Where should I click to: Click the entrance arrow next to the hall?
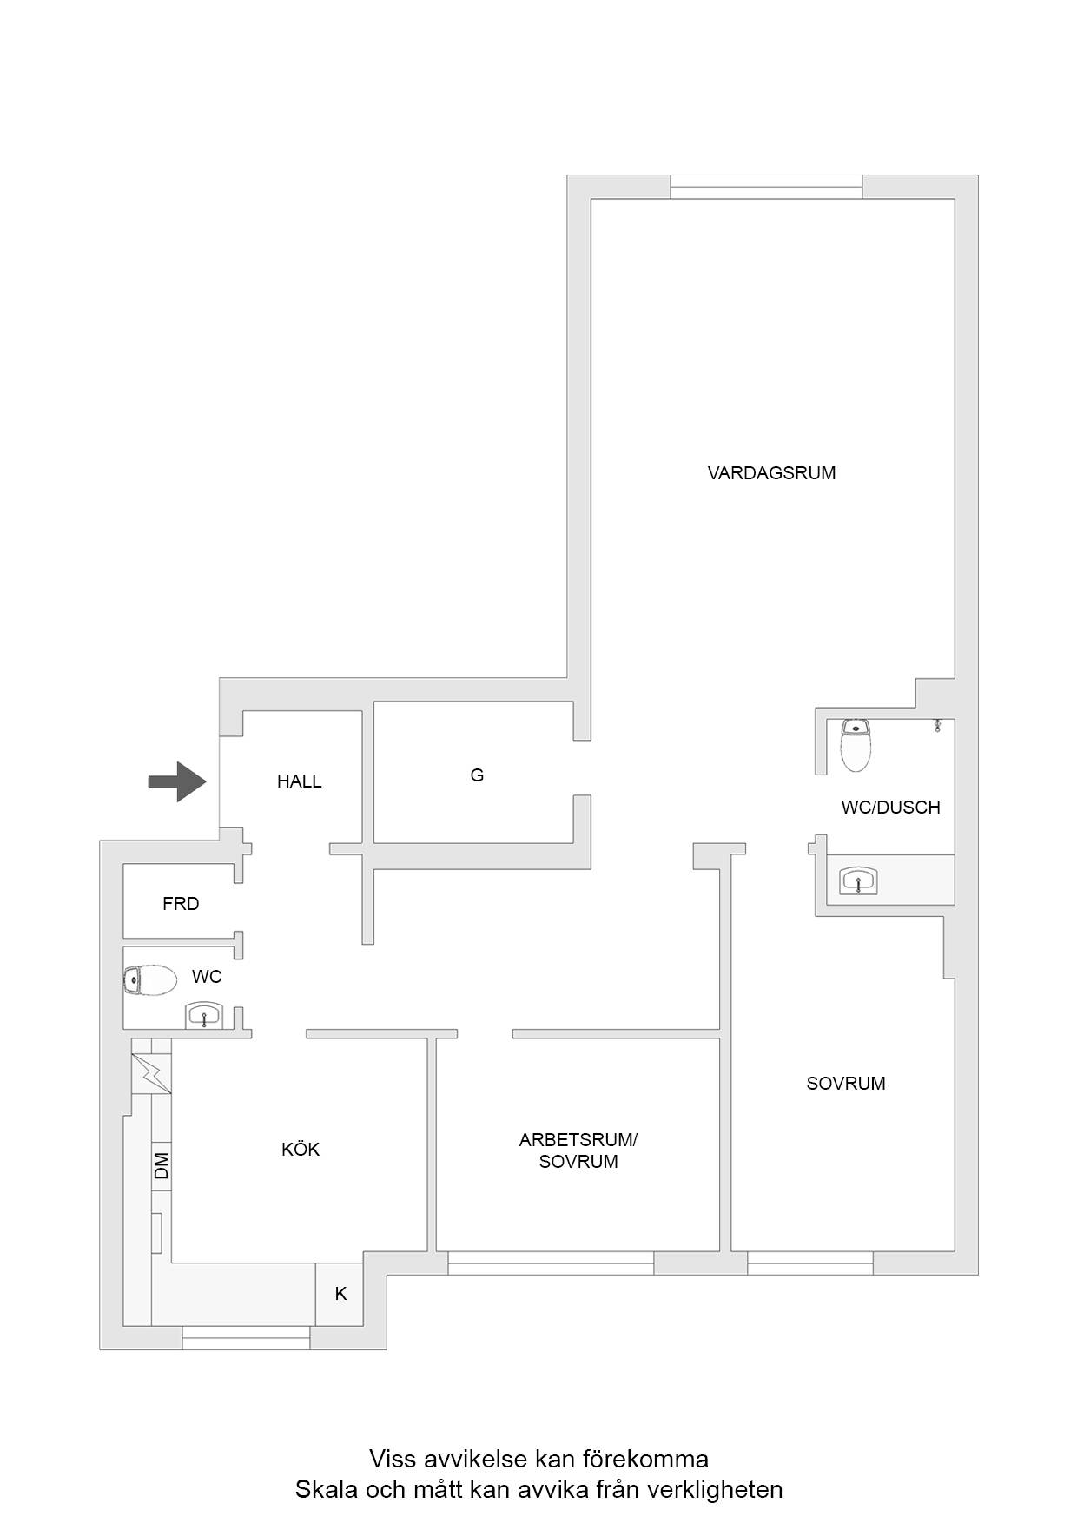[x=177, y=781]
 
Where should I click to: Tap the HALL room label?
[x=300, y=781]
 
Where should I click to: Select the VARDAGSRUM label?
[x=771, y=473]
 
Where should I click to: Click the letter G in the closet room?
[x=477, y=775]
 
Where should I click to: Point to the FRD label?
[x=181, y=904]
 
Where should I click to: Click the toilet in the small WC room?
[x=149, y=980]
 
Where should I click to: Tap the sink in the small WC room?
[x=204, y=1016]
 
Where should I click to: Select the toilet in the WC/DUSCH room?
[x=856, y=746]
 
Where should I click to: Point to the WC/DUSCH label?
[x=890, y=808]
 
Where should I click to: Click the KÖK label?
[x=301, y=1150]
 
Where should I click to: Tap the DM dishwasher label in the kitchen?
[x=162, y=1165]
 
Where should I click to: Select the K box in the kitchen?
[x=340, y=1294]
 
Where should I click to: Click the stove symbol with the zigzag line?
[x=151, y=1073]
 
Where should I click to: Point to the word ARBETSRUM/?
[x=578, y=1140]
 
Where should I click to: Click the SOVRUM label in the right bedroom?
[x=846, y=1084]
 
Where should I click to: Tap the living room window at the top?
[x=766, y=187]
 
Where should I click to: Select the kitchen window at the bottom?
[x=246, y=1338]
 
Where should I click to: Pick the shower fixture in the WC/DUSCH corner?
[x=938, y=725]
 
